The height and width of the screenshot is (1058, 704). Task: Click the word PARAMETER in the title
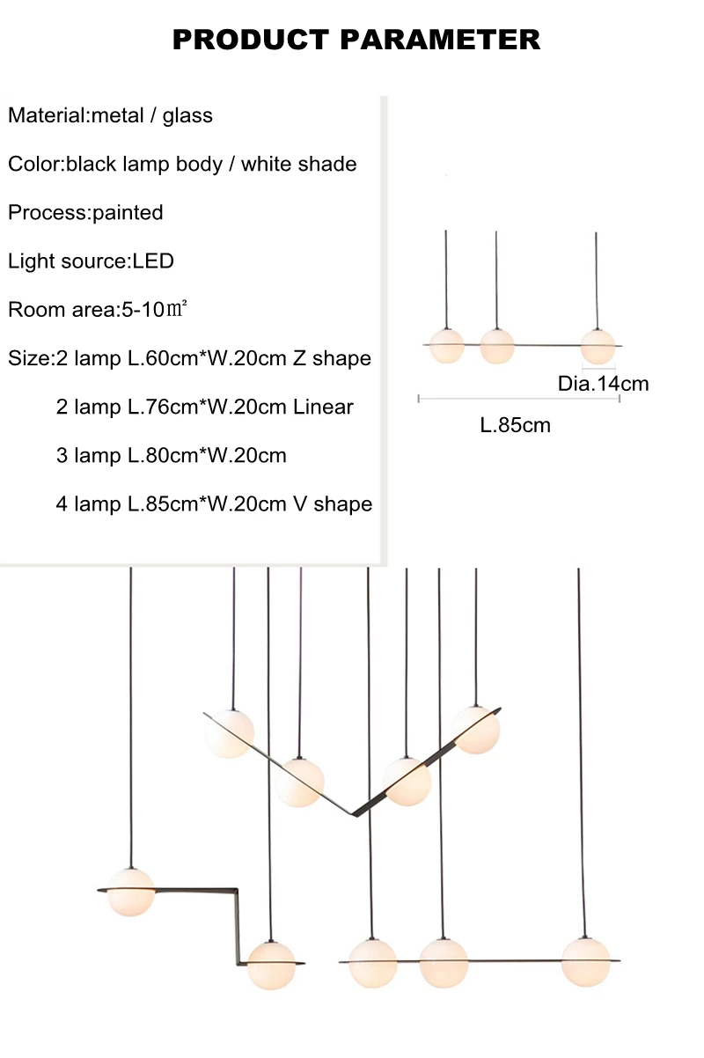click(x=440, y=40)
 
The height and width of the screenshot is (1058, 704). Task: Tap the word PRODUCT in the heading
click(x=251, y=40)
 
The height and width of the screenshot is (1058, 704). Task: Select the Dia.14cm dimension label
click(x=603, y=384)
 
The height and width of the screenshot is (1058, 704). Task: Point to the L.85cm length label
click(x=515, y=425)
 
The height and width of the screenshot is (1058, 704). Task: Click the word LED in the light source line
click(x=153, y=261)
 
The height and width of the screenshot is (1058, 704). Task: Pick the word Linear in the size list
click(x=323, y=408)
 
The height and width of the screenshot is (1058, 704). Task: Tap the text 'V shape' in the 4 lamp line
click(x=333, y=504)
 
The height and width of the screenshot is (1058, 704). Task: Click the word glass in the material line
click(x=187, y=115)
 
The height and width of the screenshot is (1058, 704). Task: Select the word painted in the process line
click(x=128, y=212)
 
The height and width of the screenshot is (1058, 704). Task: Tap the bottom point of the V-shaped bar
click(x=353, y=814)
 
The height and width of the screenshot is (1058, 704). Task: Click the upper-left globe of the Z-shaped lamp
click(x=131, y=892)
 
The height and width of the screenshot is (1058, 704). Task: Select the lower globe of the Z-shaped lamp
click(x=271, y=966)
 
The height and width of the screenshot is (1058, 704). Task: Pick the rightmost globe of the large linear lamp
click(x=585, y=962)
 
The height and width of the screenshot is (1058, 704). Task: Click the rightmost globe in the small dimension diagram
click(x=598, y=347)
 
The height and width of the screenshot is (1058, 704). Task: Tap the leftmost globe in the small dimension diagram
click(x=447, y=346)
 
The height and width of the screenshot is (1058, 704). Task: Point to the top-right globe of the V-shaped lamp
click(x=475, y=731)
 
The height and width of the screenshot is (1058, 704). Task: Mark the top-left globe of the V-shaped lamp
click(x=230, y=734)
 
